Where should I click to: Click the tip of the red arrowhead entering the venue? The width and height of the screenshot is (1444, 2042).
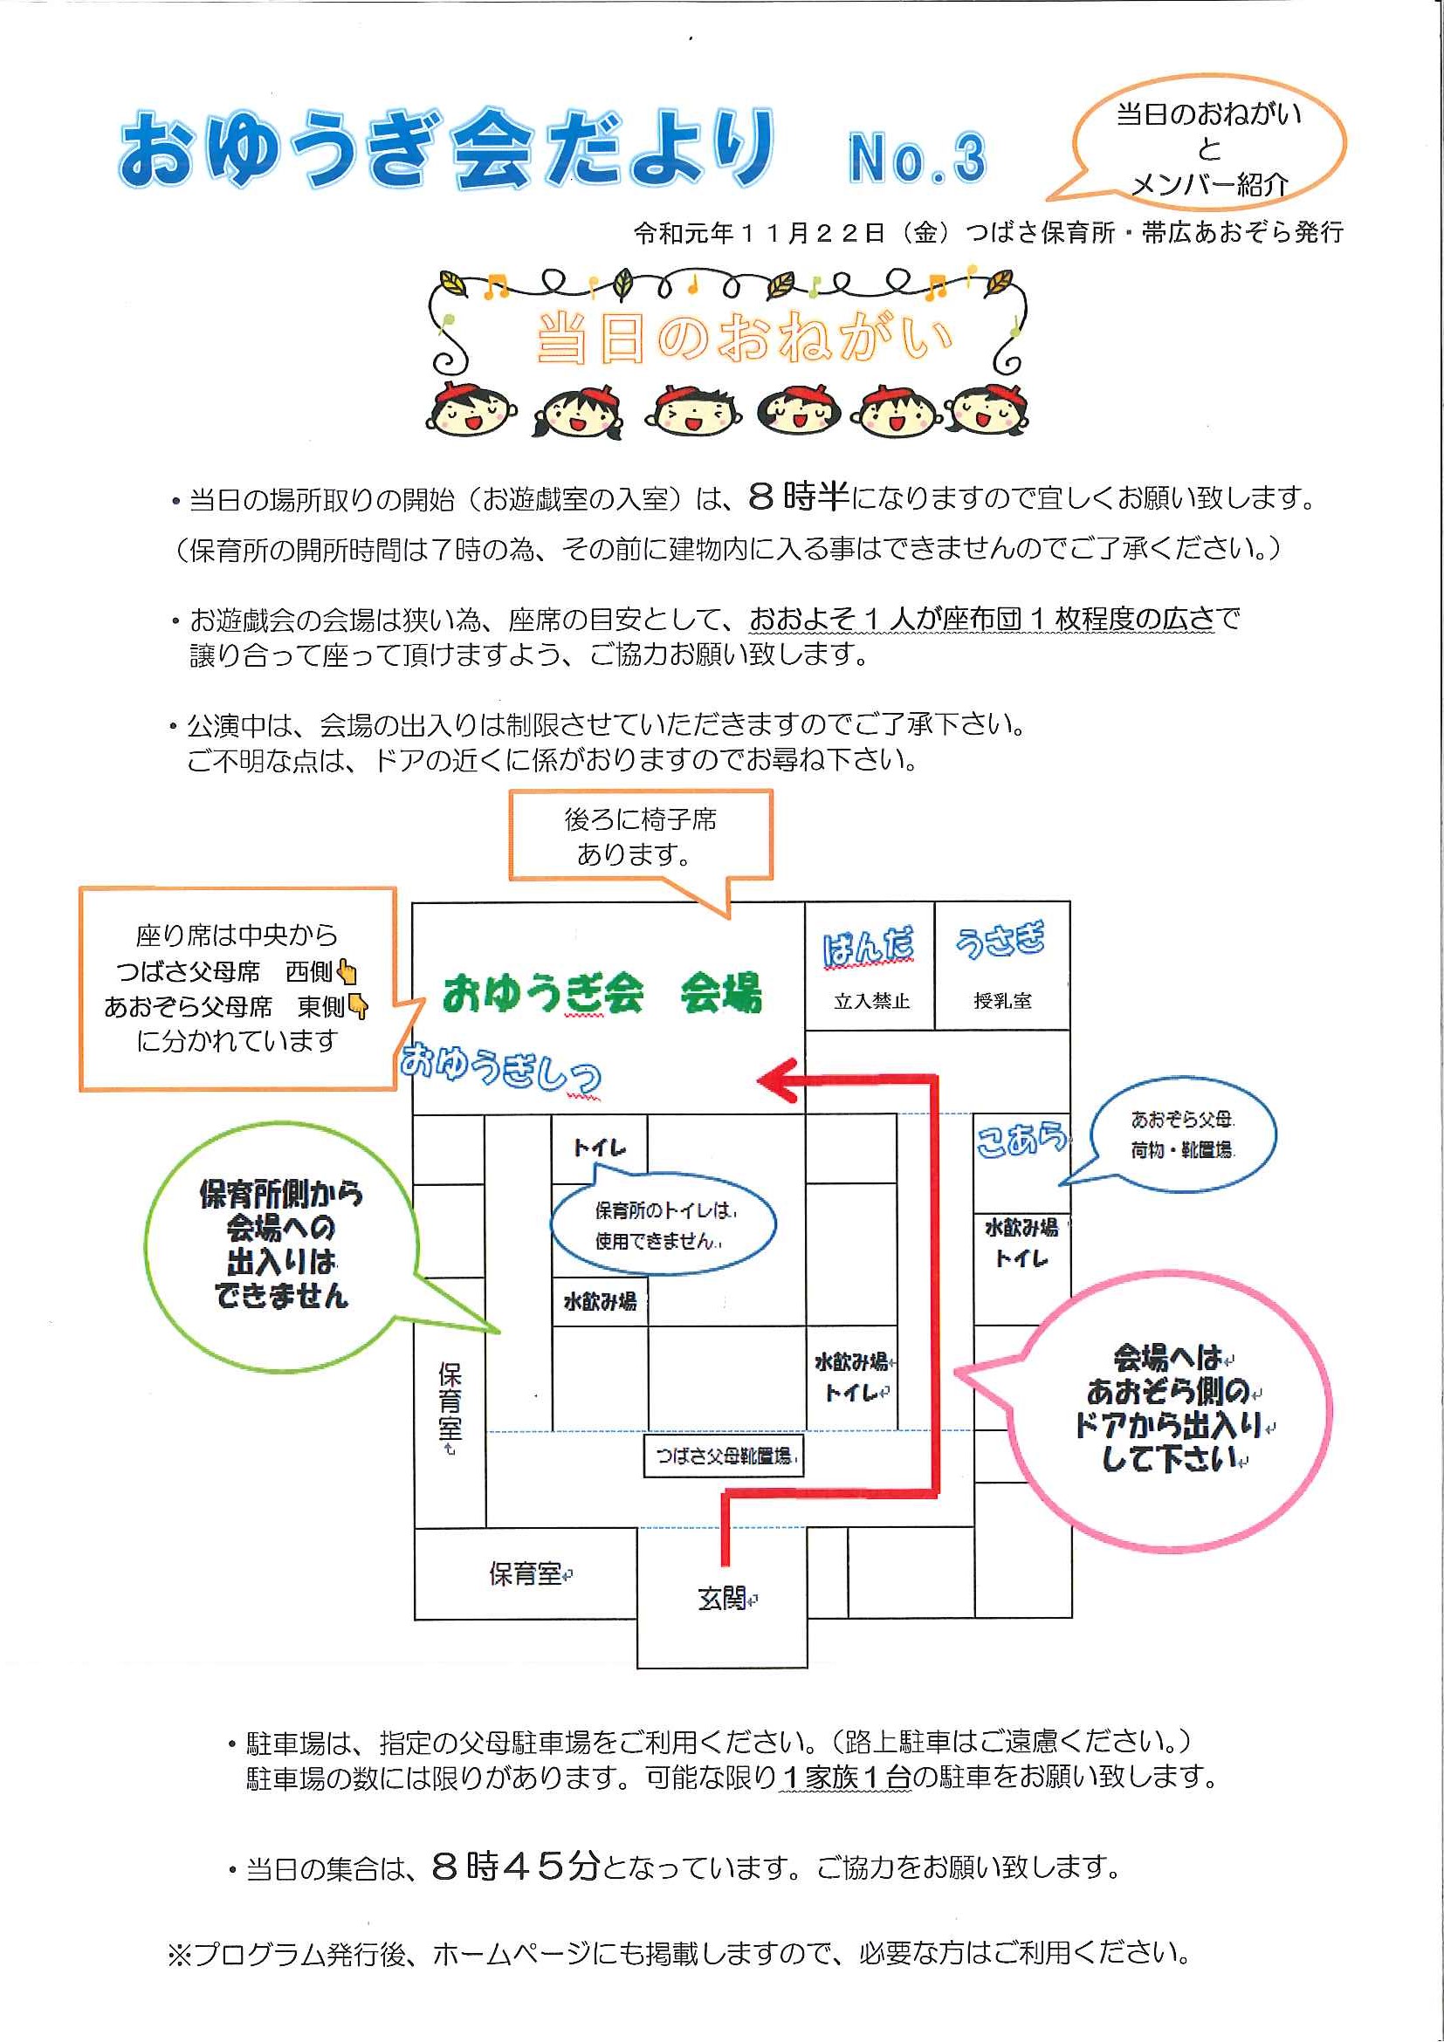tap(757, 1079)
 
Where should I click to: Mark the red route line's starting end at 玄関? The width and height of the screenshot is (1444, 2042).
tap(725, 1565)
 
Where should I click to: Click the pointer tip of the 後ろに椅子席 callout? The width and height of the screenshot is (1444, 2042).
tap(729, 916)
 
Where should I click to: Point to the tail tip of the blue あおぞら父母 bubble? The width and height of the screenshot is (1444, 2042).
tap(1059, 1185)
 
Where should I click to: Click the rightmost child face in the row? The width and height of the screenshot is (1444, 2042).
tap(988, 409)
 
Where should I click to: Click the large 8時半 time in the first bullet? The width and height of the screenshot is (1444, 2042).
tap(798, 497)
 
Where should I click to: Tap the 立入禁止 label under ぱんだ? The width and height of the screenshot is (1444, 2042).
tap(872, 1002)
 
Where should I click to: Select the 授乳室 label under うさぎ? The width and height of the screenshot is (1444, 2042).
tap(1003, 1002)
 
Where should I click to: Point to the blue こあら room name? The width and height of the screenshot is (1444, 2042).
tap(1021, 1140)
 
